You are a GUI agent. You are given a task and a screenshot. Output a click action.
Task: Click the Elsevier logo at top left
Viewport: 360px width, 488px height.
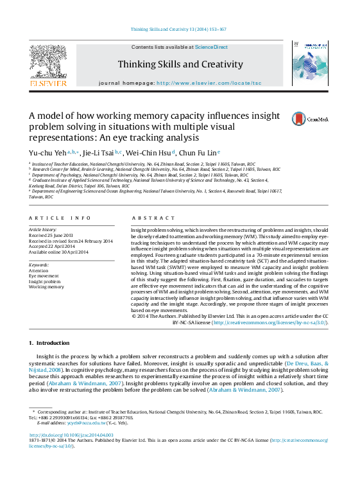tap(48, 64)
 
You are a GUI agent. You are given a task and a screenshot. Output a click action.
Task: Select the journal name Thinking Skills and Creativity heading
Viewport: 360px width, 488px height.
tap(180, 64)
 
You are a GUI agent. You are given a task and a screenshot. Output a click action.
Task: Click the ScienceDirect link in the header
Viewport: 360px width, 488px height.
tap(211, 47)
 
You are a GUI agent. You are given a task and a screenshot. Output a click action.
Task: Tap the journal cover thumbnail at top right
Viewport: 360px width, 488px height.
tap(310, 64)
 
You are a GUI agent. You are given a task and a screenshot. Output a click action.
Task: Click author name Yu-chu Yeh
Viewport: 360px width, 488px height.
tap(47, 153)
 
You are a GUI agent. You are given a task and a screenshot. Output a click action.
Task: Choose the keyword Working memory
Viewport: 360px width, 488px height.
tap(47, 287)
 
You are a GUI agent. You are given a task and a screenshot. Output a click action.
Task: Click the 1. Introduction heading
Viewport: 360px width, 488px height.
tap(49, 344)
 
